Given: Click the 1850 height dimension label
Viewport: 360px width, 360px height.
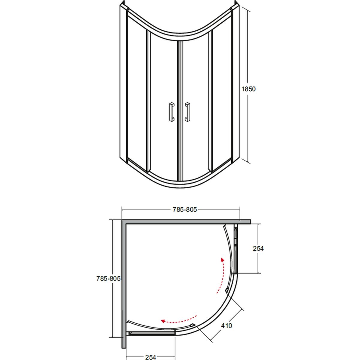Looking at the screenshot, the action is click(x=248, y=89).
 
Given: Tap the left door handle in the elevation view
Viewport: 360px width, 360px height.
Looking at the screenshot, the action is click(x=172, y=112).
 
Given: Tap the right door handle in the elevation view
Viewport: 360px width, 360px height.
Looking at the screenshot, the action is click(x=187, y=112).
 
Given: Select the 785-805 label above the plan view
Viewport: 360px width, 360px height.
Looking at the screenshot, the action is click(x=184, y=210).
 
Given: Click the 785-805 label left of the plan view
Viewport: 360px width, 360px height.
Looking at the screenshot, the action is click(x=108, y=278).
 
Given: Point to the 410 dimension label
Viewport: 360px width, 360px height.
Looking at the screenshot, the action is click(x=226, y=325).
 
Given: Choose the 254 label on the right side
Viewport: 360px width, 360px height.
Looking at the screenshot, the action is click(x=258, y=248).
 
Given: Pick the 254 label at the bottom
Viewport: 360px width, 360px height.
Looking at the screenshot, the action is click(x=151, y=357).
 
